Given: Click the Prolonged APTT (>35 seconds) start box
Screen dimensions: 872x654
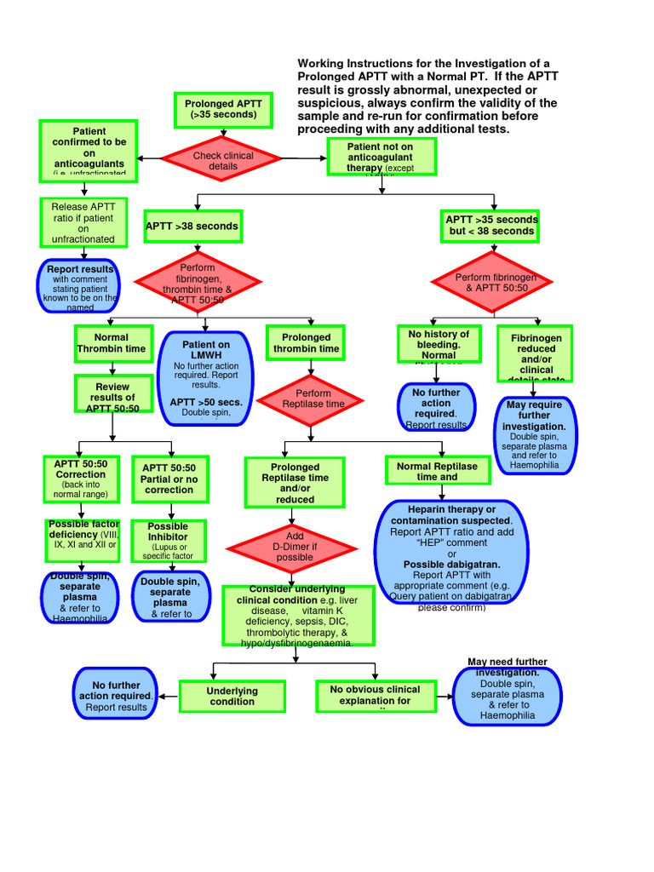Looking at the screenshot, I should [x=223, y=109].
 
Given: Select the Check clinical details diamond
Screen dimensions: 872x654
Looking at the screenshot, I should [x=223, y=160].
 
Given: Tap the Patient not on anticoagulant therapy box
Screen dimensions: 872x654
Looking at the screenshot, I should [x=381, y=157].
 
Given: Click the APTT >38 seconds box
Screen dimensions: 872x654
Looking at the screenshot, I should [x=192, y=227].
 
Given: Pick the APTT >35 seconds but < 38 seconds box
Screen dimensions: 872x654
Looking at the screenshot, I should [x=491, y=226].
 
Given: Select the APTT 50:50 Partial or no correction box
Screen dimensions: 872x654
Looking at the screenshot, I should [x=169, y=479].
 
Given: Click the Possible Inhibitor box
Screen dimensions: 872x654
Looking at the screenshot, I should [x=168, y=541].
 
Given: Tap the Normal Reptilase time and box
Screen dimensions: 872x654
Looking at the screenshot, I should [x=438, y=471].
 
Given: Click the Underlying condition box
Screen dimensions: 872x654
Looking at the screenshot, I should [x=232, y=696].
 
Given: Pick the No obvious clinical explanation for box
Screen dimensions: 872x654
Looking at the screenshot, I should [x=376, y=696].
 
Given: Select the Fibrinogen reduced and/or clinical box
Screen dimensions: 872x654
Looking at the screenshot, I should [x=536, y=353].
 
